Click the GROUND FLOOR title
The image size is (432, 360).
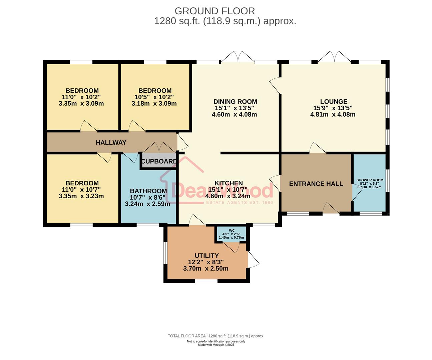click(x=214, y=11)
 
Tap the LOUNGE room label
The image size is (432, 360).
click(x=333, y=102)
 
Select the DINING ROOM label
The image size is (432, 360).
click(x=235, y=102)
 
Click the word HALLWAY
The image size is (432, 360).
click(x=111, y=143)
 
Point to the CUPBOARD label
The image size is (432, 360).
click(x=159, y=161)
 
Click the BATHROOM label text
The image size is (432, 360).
click(x=148, y=191)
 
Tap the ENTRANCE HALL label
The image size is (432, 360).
click(x=316, y=184)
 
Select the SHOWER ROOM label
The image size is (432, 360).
click(x=370, y=180)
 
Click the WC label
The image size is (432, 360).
click(x=232, y=230)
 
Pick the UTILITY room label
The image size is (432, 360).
click(x=206, y=256)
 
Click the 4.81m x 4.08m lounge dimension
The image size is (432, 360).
click(x=333, y=115)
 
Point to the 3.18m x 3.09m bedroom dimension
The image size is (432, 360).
click(x=154, y=104)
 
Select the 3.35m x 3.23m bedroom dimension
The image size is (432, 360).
click(x=81, y=196)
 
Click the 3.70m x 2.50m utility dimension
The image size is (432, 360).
click(x=206, y=269)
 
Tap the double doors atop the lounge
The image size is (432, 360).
click(x=334, y=57)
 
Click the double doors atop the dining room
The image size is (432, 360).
click(x=238, y=57)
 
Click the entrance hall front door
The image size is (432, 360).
click(x=331, y=209)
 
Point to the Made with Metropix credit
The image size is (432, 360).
click(x=216, y=345)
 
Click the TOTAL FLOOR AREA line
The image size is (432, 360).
click(x=216, y=336)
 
